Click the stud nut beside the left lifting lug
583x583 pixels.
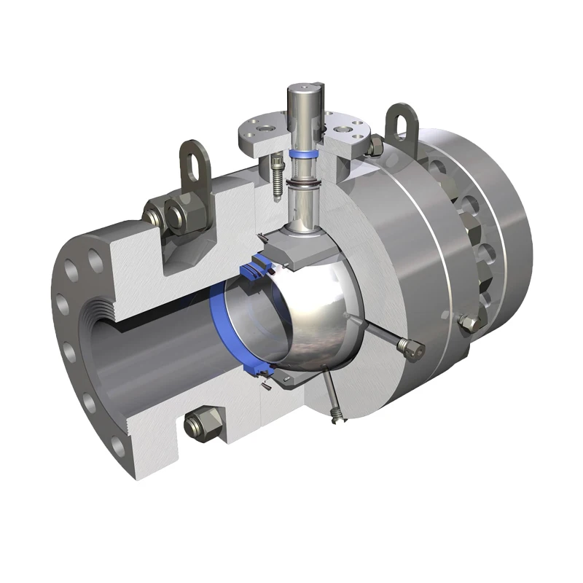pyautogui.click(x=157, y=216)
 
